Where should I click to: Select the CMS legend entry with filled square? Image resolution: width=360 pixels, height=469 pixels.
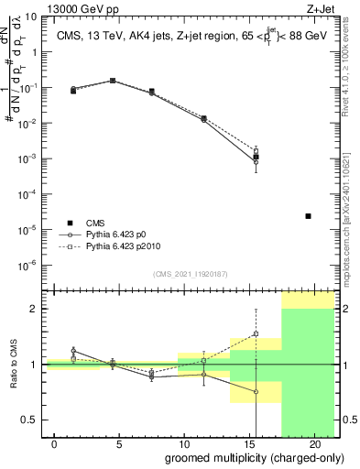coord(70,223)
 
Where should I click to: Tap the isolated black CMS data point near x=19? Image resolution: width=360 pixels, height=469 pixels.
coord(308,216)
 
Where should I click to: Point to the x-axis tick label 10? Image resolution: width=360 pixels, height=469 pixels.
coord(184,443)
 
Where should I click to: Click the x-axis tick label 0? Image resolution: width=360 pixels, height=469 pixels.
coord(55,443)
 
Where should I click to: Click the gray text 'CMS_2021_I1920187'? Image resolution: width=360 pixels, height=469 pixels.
coord(191,274)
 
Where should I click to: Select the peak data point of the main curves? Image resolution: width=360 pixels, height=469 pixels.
coord(113,81)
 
